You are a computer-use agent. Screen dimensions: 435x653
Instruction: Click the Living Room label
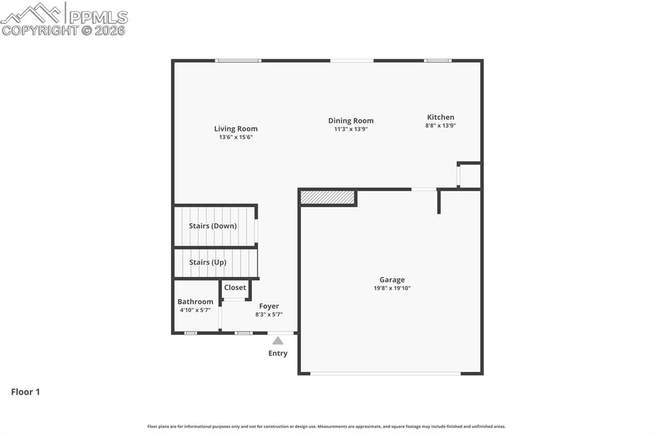tap(235, 129)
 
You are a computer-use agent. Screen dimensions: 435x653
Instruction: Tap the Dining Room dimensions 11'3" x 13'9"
tap(351, 129)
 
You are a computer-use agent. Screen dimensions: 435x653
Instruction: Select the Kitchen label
tap(441, 117)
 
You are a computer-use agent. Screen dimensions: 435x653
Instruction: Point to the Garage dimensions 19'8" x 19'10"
tap(392, 288)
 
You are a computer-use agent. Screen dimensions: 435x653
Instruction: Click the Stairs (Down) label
tap(212, 226)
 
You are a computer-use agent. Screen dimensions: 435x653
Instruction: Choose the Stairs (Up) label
tap(207, 262)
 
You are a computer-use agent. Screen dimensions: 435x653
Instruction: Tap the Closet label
tap(235, 288)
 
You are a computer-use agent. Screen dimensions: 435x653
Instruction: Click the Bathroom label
tap(195, 302)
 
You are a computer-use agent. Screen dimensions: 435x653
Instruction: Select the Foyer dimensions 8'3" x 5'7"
tap(268, 314)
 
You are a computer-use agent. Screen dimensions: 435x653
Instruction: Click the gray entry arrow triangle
tap(278, 341)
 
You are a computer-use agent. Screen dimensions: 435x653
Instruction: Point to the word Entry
tap(278, 353)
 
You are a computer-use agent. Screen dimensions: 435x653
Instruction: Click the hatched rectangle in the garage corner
tap(327, 198)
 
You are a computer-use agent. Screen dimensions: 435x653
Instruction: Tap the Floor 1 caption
tap(26, 392)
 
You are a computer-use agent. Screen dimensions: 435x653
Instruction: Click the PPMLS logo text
tap(98, 17)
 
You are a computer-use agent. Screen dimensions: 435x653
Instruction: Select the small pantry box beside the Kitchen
tap(469, 176)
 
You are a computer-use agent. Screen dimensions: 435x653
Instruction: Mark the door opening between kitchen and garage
tap(424, 189)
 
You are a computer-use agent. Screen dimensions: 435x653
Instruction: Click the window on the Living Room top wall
tap(238, 61)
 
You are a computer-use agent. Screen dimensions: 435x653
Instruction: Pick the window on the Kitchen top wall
tap(438, 61)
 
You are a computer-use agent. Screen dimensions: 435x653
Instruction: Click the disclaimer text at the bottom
tap(326, 426)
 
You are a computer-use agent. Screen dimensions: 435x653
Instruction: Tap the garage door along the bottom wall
tap(385, 373)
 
